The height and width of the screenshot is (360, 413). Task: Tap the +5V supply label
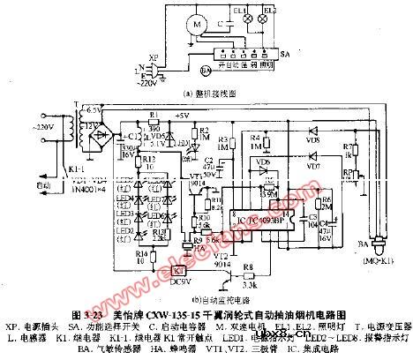click(182, 115)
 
